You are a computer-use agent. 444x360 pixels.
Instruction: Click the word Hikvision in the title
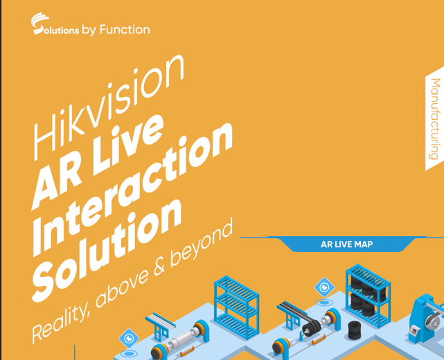point(109,107)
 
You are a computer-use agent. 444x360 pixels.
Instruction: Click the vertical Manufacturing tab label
point(435,119)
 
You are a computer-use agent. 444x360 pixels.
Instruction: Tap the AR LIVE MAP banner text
point(346,244)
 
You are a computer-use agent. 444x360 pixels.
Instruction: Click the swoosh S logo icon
point(39,24)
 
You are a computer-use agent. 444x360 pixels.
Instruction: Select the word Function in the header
point(125,30)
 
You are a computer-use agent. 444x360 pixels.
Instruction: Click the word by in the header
point(89,30)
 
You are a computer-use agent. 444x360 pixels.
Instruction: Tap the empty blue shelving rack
point(237,307)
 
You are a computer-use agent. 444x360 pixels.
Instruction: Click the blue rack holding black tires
point(368,296)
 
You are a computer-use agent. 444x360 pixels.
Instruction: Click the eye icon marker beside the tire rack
point(324,287)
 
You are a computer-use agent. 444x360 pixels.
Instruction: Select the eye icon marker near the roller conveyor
point(129,339)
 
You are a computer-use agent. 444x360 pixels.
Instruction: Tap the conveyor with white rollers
point(160,325)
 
